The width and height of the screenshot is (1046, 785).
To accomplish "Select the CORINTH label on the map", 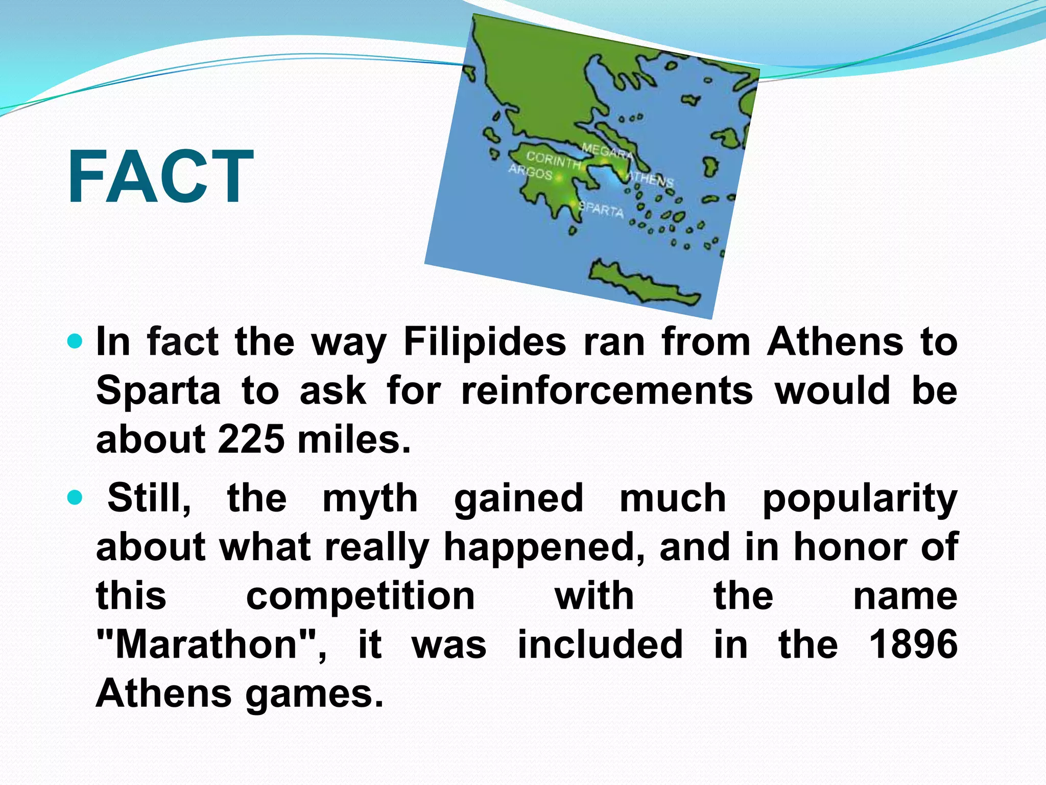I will click(x=554, y=160).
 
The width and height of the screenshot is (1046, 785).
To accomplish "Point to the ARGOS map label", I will click(x=530, y=172).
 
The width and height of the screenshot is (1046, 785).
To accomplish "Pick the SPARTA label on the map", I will click(x=601, y=209).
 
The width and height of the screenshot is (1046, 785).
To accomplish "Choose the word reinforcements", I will click(x=607, y=390).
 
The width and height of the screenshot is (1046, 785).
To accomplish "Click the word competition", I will click(x=361, y=596).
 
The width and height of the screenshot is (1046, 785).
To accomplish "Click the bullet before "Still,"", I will click(x=75, y=497).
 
